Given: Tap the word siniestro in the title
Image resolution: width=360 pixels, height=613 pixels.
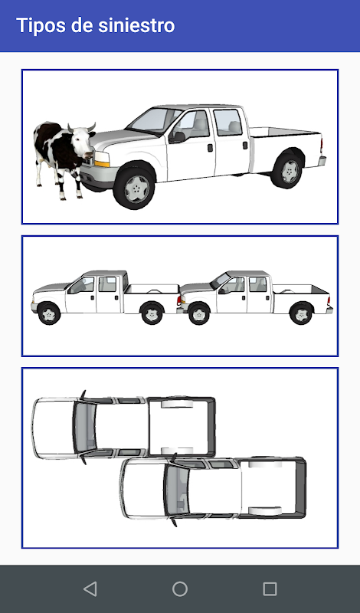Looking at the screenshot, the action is tap(136, 25).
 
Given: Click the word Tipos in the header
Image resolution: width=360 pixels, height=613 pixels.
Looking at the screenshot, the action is tap(41, 26).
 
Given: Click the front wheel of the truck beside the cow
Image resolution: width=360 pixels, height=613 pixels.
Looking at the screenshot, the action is tap(134, 188).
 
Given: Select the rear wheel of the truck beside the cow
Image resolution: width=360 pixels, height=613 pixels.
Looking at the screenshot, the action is tap(287, 170).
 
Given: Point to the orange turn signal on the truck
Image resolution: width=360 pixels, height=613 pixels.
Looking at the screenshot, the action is tap(102, 163).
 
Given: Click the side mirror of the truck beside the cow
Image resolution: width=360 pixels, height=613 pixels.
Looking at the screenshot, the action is tap(178, 137).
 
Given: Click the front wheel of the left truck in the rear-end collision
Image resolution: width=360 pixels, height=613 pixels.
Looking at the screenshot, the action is tap(49, 313).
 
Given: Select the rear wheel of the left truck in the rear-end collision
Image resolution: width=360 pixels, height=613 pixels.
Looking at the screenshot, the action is tap(152, 313).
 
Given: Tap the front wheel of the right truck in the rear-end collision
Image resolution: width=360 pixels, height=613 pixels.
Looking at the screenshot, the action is tap(199, 313).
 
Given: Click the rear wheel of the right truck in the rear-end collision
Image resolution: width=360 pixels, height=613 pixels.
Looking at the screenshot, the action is tap(301, 313).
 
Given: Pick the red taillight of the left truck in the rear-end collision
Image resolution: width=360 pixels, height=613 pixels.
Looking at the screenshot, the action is tap(178, 300).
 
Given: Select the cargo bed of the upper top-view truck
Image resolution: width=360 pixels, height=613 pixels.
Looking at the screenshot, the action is tap(181, 427).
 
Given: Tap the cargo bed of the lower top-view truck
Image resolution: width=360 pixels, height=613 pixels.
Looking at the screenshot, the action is tap(273, 487).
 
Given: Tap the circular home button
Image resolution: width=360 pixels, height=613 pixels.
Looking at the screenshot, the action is tap(180, 588).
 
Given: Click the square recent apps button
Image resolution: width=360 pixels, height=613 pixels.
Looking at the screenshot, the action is tap(270, 588).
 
